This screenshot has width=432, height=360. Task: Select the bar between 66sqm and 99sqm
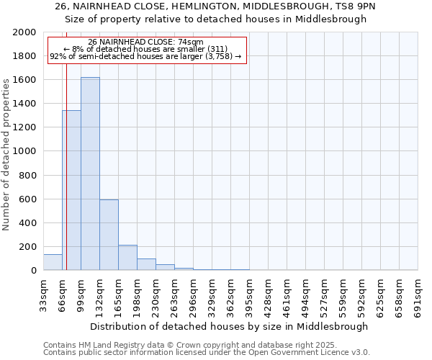pos(71,190)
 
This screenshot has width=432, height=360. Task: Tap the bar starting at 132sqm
pos(109,235)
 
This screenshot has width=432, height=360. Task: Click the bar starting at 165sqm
pos(127,258)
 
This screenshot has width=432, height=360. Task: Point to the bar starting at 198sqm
pos(146,264)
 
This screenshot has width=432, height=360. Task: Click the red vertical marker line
pos(66,166)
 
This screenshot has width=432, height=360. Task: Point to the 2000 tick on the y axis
pos(24,32)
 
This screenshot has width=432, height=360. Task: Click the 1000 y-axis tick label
pos(24,151)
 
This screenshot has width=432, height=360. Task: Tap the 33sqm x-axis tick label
pos(43,293)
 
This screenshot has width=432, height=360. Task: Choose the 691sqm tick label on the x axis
pos(418,293)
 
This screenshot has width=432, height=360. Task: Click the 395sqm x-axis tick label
pos(249,293)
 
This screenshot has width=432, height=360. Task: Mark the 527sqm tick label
pos(324,293)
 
